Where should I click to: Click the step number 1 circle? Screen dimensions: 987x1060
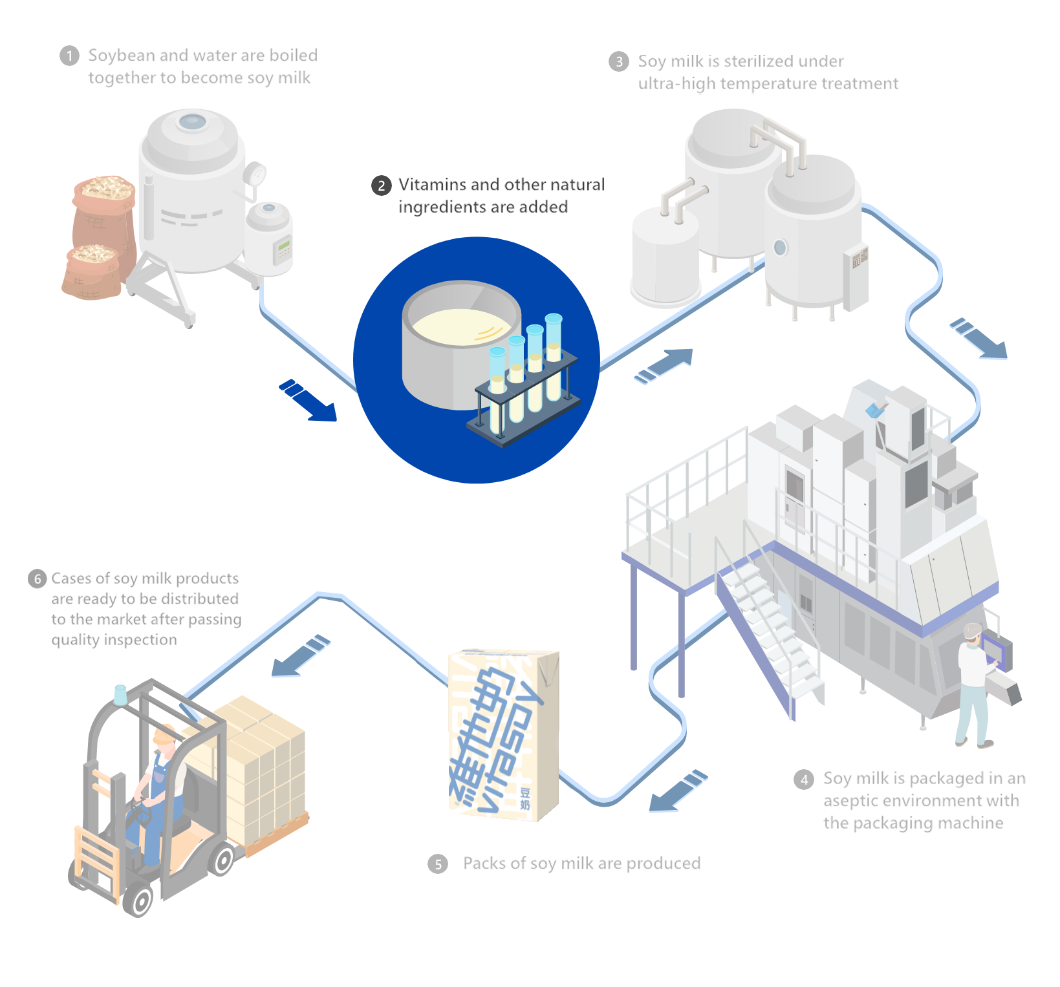[69, 56]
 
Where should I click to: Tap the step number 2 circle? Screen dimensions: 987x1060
[382, 186]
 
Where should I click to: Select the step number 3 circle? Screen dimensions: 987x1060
[619, 61]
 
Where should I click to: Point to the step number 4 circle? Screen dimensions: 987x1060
[804, 780]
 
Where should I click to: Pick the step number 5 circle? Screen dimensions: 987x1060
[438, 864]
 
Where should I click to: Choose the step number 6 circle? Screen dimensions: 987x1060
[38, 578]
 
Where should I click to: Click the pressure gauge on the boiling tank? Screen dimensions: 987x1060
[257, 175]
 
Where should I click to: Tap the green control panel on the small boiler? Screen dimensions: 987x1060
[283, 249]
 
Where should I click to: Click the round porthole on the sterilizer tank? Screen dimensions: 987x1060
[780, 246]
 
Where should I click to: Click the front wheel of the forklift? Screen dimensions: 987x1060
[141, 901]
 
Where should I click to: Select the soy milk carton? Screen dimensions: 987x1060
[505, 737]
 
